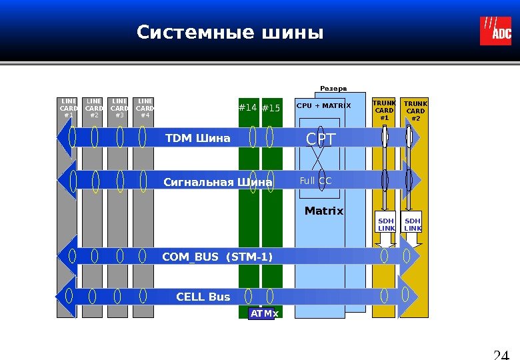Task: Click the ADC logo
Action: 495,31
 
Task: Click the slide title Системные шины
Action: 229,33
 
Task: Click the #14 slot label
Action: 248,108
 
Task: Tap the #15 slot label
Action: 271,108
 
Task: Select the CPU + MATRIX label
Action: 323,105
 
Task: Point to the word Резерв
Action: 333,88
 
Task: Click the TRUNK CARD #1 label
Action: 384,111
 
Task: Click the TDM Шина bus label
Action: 197,138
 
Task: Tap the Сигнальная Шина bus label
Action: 218,182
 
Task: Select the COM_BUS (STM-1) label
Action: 217,257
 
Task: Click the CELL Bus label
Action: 203,297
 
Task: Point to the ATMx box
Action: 261,313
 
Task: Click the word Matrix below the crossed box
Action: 324,211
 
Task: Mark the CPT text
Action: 321,139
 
